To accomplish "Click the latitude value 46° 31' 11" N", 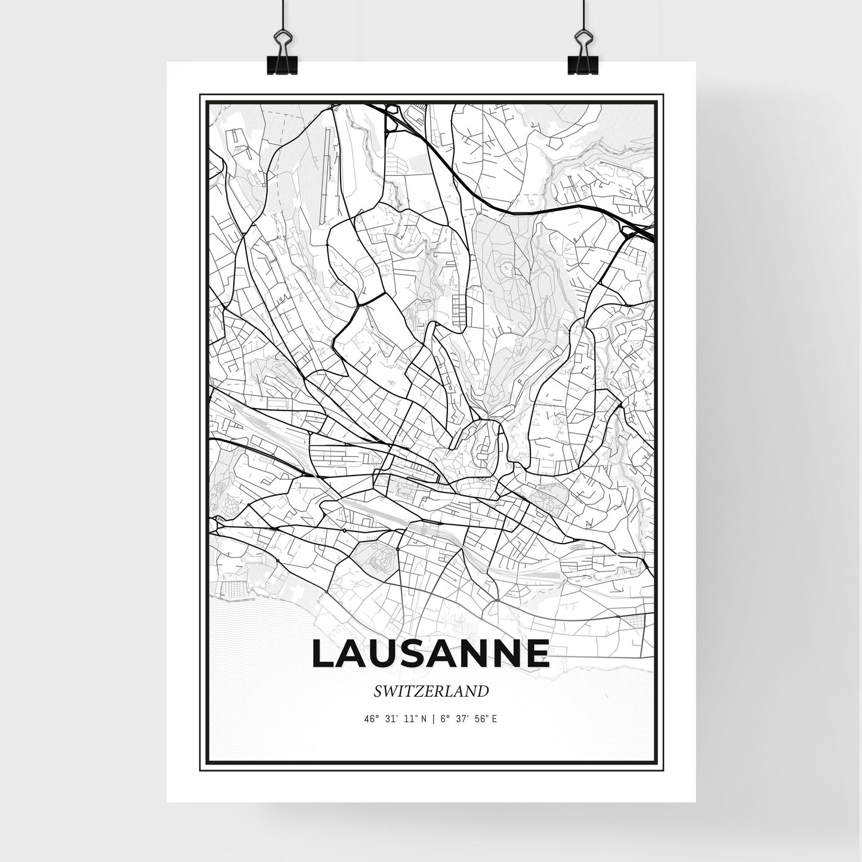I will point(394,718).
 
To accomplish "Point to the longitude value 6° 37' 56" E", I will point(468,718).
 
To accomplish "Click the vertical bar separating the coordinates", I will point(432,718).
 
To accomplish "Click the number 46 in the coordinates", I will point(368,718).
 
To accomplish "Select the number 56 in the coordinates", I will point(480,718).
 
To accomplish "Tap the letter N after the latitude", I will point(423,718).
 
